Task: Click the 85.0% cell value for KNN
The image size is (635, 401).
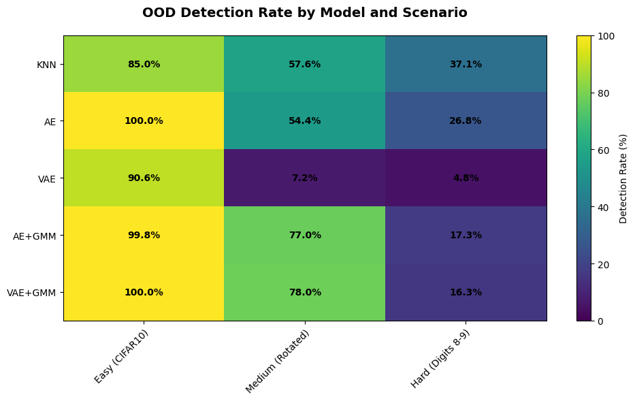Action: click(144, 64)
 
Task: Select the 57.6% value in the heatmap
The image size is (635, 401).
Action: click(304, 64)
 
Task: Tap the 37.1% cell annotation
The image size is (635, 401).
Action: click(466, 64)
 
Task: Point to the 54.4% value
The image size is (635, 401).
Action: click(304, 121)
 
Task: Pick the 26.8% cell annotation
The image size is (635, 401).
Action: click(466, 121)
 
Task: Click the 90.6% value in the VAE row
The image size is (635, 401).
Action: click(144, 178)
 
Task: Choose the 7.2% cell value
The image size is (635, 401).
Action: click(304, 178)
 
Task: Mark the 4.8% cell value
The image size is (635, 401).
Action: click(466, 178)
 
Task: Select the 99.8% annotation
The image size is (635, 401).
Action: click(144, 235)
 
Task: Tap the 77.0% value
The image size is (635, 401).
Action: click(304, 235)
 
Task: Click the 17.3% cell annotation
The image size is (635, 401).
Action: click(466, 235)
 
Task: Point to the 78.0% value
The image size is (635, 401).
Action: click(304, 292)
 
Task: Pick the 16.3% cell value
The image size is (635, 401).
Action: click(466, 292)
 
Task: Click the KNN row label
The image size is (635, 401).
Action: click(46, 65)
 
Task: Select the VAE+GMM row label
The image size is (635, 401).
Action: click(31, 293)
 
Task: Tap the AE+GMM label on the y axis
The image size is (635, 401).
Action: click(35, 236)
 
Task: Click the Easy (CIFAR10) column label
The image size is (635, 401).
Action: click(122, 356)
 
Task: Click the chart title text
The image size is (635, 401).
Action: click(304, 12)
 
